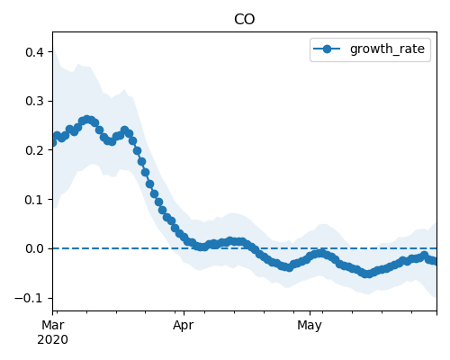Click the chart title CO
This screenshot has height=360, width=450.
tap(244, 20)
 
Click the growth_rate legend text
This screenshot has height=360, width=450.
tap(387, 49)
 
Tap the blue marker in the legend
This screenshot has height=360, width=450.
tap(327, 49)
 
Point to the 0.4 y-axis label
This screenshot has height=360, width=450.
tap(34, 52)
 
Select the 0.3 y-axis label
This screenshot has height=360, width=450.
tap(34, 101)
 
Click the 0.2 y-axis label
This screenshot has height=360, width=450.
tap(34, 150)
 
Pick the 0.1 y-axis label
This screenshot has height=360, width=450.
tap(34, 200)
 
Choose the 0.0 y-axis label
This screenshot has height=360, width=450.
tap(34, 248)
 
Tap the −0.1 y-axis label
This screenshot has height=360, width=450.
tap(29, 298)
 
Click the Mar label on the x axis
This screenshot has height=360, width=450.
tap(53, 325)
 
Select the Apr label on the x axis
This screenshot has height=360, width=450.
tap(183, 325)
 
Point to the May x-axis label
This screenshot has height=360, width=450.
tap(310, 325)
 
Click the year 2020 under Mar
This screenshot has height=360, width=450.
tap(52, 340)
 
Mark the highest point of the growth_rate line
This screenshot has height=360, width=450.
tap(87, 120)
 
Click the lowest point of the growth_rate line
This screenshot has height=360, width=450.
tap(367, 274)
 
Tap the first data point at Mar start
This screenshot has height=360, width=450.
tap(53, 142)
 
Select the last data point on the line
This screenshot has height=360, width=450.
tap(434, 261)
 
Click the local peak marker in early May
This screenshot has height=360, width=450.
tap(321, 254)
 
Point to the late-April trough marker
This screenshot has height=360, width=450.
tap(289, 267)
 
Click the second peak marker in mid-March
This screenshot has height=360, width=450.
tap(125, 130)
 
